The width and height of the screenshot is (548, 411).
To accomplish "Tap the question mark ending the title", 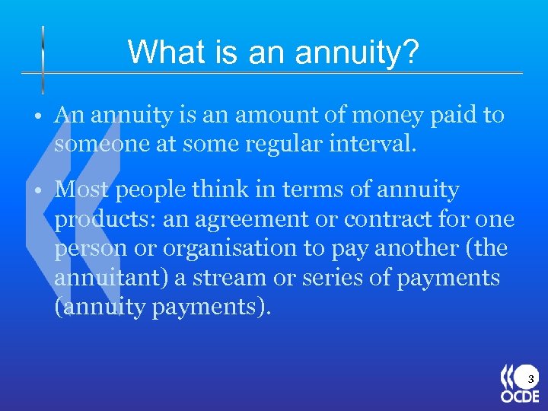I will tap(410, 52).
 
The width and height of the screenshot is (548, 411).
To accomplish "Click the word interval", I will tap(378, 144).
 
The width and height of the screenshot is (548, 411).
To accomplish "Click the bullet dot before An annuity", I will tap(37, 116).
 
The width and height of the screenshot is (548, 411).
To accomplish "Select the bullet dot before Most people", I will tap(37, 190).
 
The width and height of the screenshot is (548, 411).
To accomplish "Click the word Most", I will tap(81, 189).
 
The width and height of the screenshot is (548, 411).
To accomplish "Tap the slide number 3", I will tap(530, 378).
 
